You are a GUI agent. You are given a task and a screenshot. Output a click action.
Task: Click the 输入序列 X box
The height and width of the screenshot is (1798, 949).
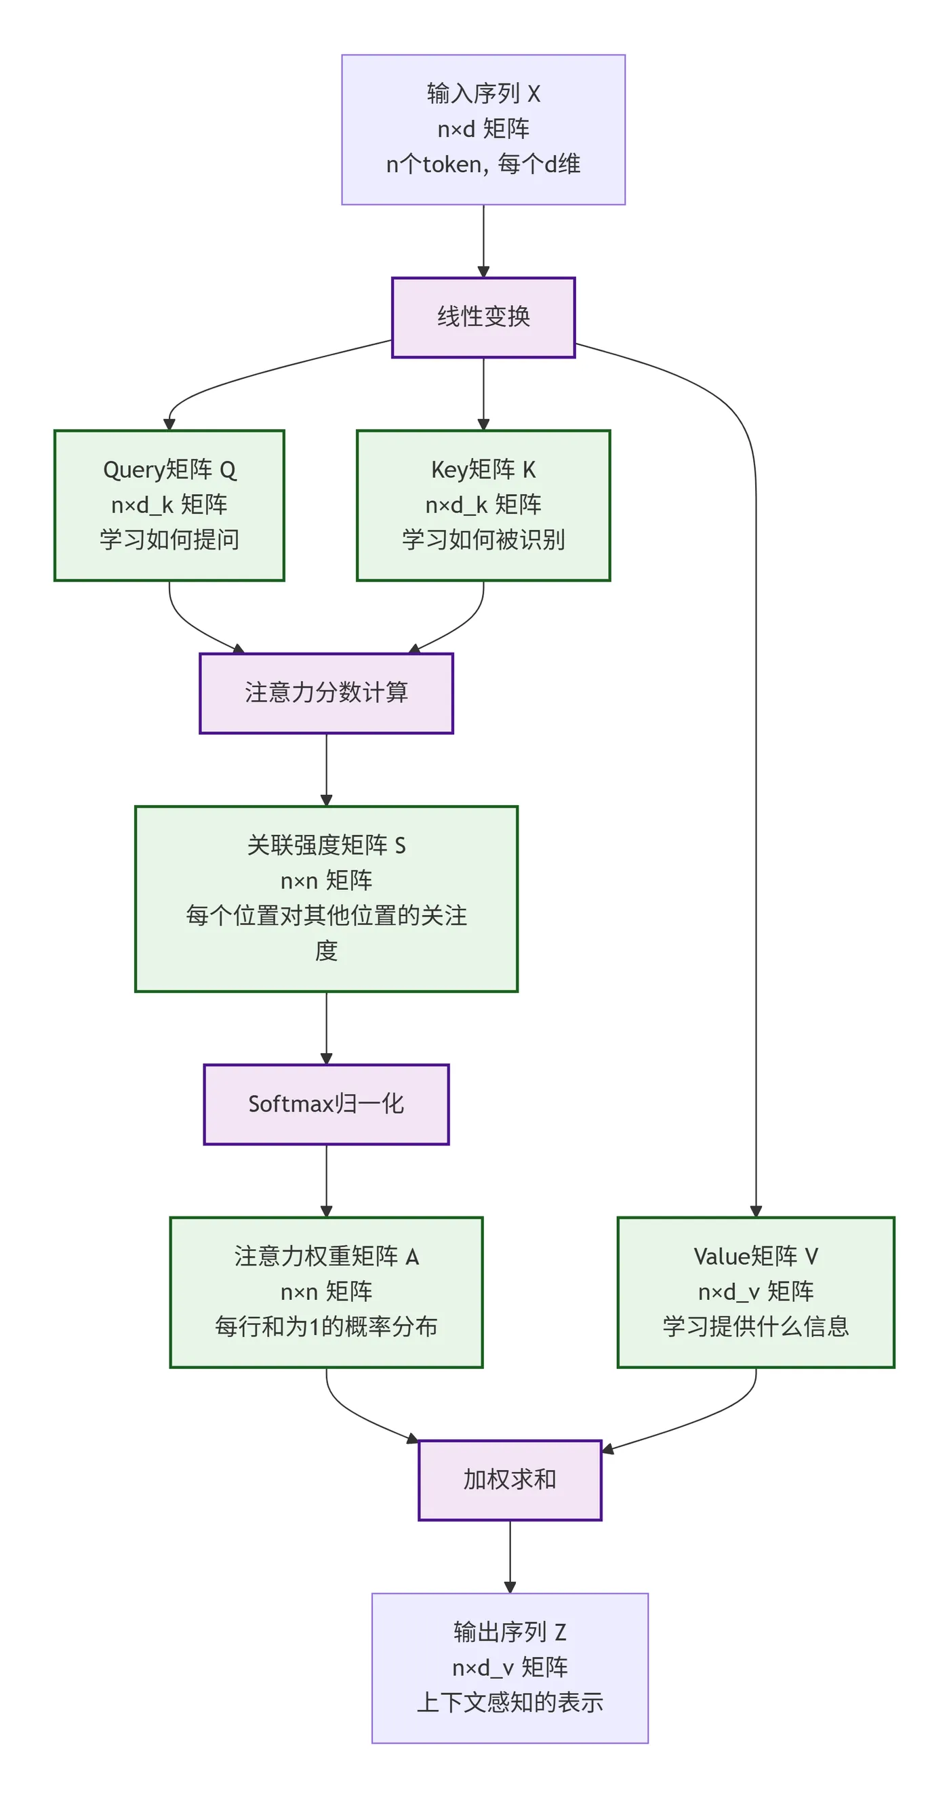(x=483, y=129)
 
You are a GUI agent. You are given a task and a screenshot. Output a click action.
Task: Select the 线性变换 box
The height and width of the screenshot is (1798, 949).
(x=483, y=317)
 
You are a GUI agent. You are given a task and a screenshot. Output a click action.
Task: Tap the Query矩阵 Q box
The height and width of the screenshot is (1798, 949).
(x=169, y=505)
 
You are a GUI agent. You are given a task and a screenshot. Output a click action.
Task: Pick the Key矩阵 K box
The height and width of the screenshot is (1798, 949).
(x=483, y=505)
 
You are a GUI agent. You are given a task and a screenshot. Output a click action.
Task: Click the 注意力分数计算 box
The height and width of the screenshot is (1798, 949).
(x=325, y=693)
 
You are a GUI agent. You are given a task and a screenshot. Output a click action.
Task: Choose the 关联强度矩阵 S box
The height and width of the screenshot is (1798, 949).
(x=325, y=897)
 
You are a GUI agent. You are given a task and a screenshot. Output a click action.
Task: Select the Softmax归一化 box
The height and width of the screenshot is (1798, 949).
(x=325, y=1103)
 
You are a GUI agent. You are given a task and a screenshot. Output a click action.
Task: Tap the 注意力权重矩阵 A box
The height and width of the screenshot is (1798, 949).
(x=325, y=1291)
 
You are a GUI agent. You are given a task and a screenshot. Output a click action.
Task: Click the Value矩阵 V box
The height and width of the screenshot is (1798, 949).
(x=755, y=1291)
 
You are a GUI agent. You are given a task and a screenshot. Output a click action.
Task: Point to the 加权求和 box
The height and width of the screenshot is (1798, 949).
(x=509, y=1479)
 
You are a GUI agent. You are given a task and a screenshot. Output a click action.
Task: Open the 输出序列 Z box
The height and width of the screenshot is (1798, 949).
(x=509, y=1667)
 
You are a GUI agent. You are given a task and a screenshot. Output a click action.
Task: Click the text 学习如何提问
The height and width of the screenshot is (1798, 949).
(x=169, y=539)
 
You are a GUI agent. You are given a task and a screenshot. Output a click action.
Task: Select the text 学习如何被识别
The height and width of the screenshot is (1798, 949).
(x=483, y=539)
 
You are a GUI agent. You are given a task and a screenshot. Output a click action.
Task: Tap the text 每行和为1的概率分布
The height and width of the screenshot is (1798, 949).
(x=325, y=1326)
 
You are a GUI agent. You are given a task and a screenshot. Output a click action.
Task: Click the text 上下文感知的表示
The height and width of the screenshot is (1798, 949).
(x=509, y=1702)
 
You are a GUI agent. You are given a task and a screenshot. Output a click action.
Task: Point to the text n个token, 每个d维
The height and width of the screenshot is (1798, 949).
(x=483, y=164)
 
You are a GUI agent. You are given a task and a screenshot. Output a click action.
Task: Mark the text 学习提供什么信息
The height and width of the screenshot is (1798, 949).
(x=755, y=1326)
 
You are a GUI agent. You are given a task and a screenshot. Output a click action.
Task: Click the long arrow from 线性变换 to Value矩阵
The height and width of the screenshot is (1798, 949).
(x=755, y=768)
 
